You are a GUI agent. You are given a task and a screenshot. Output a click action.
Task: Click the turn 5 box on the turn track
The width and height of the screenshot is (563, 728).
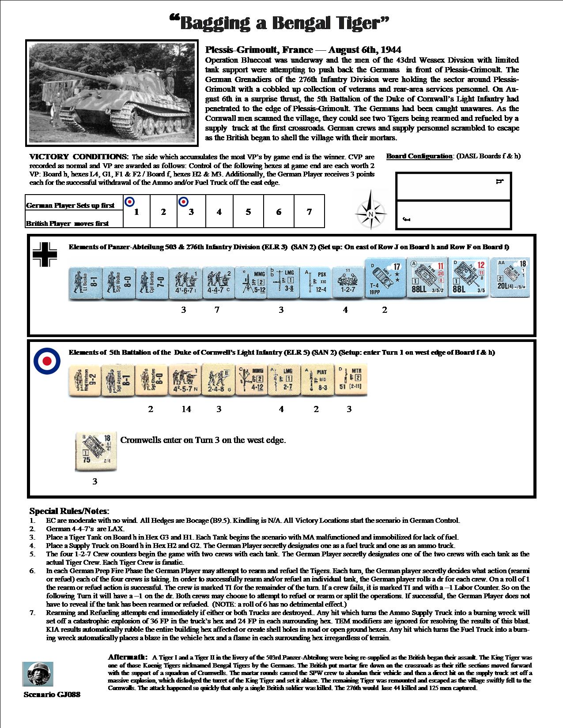(x=248, y=211)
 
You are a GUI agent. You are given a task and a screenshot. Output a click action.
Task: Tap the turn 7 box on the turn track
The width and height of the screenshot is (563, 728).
(x=309, y=211)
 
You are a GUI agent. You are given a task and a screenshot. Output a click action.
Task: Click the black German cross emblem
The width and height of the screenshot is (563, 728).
(x=45, y=255)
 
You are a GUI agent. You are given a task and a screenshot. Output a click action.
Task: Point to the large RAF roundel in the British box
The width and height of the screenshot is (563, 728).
(x=47, y=360)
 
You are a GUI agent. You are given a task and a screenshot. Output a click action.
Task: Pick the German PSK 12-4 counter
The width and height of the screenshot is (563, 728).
(x=315, y=282)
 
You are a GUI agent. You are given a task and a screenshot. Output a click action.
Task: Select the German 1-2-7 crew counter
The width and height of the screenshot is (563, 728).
(x=348, y=282)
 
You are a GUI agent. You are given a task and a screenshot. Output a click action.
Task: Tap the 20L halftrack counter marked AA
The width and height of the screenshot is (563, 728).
(x=510, y=278)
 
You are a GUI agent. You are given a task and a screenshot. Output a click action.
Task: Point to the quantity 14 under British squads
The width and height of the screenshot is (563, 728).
(x=186, y=409)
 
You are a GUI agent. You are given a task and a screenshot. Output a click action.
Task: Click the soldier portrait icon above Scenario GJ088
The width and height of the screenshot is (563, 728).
(x=38, y=674)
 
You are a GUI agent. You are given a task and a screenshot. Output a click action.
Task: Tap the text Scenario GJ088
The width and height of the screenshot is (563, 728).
(x=52, y=694)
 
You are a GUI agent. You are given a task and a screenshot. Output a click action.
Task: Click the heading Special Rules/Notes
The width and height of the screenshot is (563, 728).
(x=69, y=511)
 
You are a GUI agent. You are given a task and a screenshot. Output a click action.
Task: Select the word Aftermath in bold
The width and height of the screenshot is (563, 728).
(x=127, y=657)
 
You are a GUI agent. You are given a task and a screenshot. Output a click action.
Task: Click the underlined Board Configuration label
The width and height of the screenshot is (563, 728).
(x=419, y=156)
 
